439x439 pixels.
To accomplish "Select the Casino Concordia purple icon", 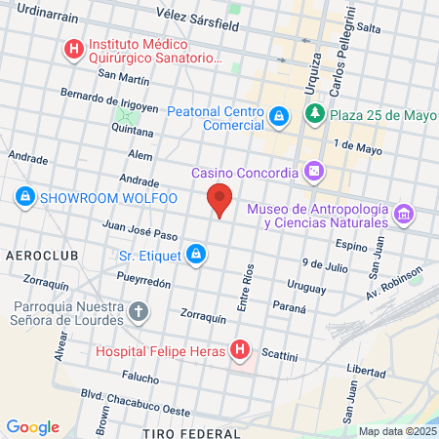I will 314,174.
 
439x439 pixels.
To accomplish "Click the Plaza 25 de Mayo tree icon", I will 315,116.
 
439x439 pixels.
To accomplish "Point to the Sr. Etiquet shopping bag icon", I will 197,256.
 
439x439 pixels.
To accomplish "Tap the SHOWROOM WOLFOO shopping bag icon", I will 25,197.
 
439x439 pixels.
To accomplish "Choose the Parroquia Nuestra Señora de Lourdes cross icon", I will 140,312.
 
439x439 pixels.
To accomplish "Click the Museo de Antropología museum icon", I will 404,213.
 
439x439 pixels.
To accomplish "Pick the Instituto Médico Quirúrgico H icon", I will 72,48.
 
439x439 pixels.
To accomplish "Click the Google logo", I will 32,427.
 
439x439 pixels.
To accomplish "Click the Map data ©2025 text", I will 397,431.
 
